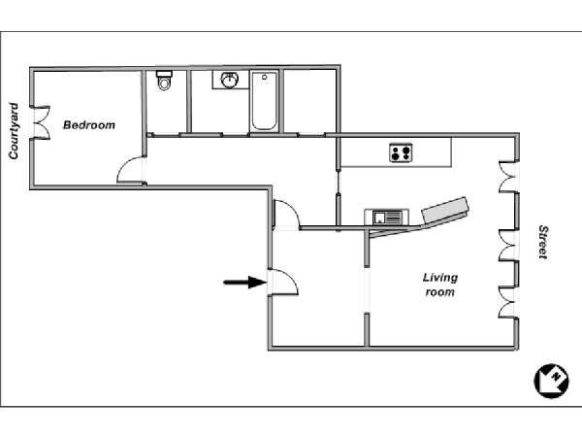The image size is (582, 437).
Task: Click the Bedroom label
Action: coord(89,125)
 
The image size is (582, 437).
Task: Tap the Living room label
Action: coord(440,285)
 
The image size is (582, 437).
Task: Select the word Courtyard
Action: coord(14,131)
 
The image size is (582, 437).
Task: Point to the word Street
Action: coord(543,242)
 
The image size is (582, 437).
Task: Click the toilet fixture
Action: coord(164,80)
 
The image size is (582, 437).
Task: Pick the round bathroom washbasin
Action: coord(230,80)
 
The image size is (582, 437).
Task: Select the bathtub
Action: coord(264,101)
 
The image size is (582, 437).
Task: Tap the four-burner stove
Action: coord(401,152)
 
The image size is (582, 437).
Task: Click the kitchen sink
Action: coord(387,217)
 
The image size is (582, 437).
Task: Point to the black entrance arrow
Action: coord(245,283)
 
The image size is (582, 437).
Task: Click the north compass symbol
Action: coord(551,381)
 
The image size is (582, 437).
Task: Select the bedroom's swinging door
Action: coord(131,170)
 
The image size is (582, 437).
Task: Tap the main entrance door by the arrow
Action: coord(283,282)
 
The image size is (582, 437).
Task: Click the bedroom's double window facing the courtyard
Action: coord(41,122)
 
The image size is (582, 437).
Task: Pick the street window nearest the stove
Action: coord(508,177)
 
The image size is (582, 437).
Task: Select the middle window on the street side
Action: coord(508,246)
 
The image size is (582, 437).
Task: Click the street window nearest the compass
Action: coord(508,302)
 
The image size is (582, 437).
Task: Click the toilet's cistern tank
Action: coord(164,74)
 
